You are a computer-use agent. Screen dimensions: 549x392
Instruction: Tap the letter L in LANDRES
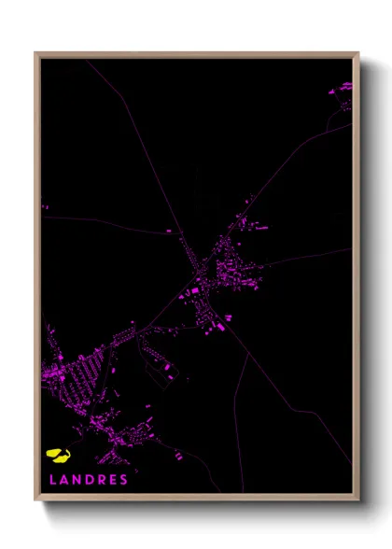49,480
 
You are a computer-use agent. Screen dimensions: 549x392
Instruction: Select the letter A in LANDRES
62,480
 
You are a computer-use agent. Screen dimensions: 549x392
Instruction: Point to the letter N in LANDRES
75,480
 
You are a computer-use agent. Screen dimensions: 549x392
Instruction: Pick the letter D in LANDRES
88,480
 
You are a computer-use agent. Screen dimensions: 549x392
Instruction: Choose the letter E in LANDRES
112,480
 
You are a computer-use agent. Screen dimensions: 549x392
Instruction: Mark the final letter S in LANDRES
123,480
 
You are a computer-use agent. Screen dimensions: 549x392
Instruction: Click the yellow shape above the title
59,456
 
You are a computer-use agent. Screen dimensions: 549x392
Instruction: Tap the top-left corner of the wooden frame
35,53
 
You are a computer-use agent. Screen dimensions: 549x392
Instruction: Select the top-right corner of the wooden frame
358,53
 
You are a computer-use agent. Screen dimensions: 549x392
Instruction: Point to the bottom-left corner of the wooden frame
35,500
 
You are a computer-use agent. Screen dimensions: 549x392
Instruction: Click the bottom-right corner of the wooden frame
358,500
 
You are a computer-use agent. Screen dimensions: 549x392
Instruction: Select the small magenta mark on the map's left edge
44,206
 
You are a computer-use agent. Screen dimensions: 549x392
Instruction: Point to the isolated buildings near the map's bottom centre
178,456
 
